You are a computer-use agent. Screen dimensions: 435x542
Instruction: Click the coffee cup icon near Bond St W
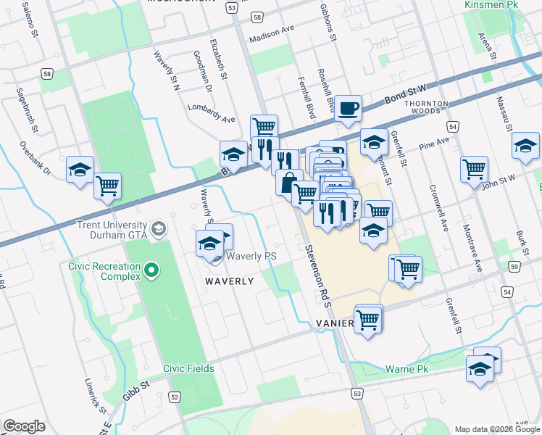click(x=349, y=109)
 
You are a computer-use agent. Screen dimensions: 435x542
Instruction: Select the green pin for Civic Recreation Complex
click(x=151, y=271)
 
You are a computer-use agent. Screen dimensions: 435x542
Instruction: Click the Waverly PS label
click(x=251, y=257)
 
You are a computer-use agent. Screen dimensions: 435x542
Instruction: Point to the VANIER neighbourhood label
click(x=334, y=323)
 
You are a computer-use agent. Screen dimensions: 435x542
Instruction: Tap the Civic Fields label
click(x=188, y=368)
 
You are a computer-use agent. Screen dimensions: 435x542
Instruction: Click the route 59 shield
click(x=514, y=267)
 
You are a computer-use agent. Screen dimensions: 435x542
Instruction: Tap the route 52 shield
click(x=175, y=397)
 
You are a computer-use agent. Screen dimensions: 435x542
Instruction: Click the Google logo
click(x=24, y=426)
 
